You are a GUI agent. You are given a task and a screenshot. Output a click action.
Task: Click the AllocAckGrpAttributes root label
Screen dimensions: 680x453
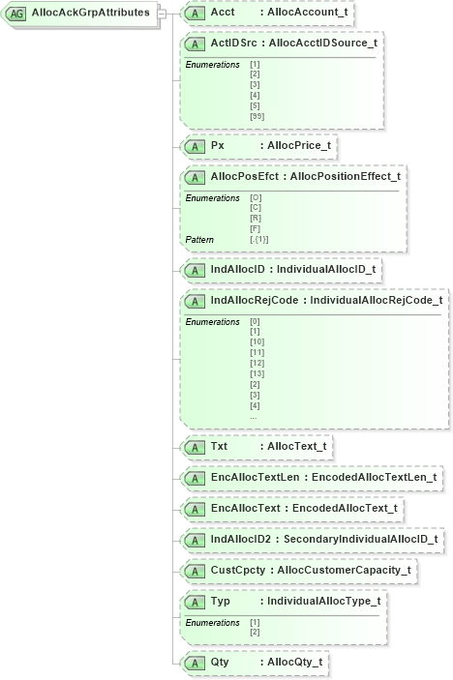(x=90, y=13)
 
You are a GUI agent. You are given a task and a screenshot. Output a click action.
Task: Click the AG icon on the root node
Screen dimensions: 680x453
(x=16, y=13)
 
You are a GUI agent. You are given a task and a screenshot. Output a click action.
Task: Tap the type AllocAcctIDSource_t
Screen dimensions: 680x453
(x=322, y=44)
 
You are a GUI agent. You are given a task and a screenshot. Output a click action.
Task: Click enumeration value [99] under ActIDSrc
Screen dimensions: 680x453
(x=257, y=116)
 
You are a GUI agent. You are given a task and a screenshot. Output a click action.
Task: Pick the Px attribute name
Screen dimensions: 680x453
(x=218, y=145)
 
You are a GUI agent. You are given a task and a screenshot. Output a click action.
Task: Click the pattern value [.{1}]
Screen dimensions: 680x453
(x=259, y=238)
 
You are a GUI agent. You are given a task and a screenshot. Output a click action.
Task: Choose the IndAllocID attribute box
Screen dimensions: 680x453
(x=282, y=268)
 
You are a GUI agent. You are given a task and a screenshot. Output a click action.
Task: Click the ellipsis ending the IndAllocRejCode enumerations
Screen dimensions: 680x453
(x=253, y=417)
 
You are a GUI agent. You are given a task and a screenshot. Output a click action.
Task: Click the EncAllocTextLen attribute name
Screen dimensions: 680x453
(x=253, y=477)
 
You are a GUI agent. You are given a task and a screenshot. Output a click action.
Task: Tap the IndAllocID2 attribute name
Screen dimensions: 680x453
(x=240, y=538)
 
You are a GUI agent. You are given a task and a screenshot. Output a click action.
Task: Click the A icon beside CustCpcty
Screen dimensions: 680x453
(x=195, y=569)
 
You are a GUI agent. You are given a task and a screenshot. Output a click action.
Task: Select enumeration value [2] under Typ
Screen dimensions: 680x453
(x=256, y=632)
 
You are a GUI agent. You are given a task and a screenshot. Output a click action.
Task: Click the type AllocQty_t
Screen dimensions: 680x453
(x=295, y=663)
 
